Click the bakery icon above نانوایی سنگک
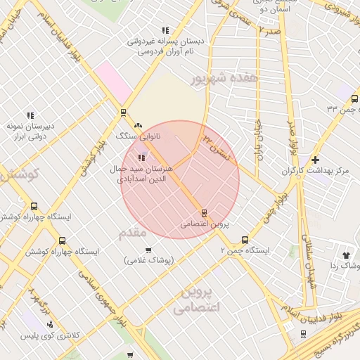pyautogui.click(x=138, y=124)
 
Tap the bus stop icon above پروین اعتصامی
pyautogui.click(x=204, y=212)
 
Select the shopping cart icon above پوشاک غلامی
pyautogui.click(x=148, y=250)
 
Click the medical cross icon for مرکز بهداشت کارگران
pyautogui.click(x=315, y=160)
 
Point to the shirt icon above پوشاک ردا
pyautogui.click(x=345, y=255)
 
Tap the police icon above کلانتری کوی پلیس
pyautogui.click(x=49, y=324)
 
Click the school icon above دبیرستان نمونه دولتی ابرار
pyautogui.click(x=30, y=115)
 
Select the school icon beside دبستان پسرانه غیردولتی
pyautogui.click(x=165, y=30)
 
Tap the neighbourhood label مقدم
pyautogui.click(x=133, y=231)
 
